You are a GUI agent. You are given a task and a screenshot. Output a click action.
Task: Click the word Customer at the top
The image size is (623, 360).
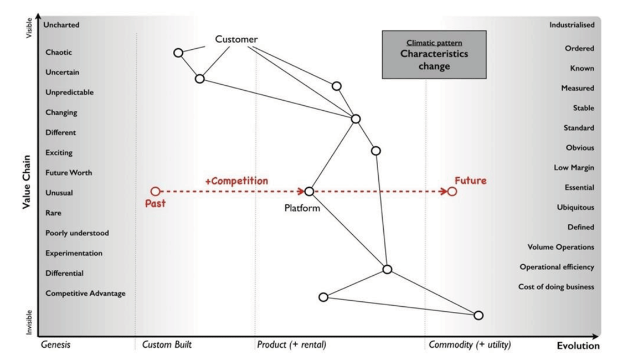(x=236, y=39)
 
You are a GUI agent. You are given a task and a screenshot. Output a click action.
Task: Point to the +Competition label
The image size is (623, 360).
(x=236, y=181)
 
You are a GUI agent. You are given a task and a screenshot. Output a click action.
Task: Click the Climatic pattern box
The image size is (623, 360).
(x=434, y=54)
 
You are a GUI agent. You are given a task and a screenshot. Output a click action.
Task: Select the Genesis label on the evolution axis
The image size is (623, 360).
(x=55, y=344)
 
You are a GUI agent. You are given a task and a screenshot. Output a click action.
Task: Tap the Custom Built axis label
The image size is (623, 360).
(x=167, y=344)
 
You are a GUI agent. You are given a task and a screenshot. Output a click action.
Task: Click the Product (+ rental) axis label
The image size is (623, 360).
(x=292, y=344)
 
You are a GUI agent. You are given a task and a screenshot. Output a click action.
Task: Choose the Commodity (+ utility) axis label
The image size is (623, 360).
(x=470, y=344)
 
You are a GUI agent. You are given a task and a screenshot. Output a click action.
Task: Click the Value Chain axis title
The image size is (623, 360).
(x=26, y=182)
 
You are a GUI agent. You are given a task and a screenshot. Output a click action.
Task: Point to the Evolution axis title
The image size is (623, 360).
(x=578, y=346)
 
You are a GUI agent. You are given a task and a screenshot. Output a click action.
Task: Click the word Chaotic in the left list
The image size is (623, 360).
(x=59, y=52)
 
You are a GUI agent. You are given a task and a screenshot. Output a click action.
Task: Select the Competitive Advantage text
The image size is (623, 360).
(x=85, y=293)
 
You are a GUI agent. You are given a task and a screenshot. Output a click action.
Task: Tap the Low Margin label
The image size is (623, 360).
(x=574, y=167)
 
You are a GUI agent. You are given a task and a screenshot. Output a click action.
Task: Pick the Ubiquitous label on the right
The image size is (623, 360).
(x=576, y=208)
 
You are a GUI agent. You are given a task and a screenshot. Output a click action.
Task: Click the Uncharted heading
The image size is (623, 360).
(x=61, y=24)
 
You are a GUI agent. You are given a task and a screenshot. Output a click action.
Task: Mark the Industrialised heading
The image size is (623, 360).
(x=572, y=24)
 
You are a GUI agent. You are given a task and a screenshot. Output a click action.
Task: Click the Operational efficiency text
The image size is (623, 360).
(x=557, y=267)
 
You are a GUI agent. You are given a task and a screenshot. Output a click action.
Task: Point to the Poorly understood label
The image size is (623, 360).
(x=77, y=233)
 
